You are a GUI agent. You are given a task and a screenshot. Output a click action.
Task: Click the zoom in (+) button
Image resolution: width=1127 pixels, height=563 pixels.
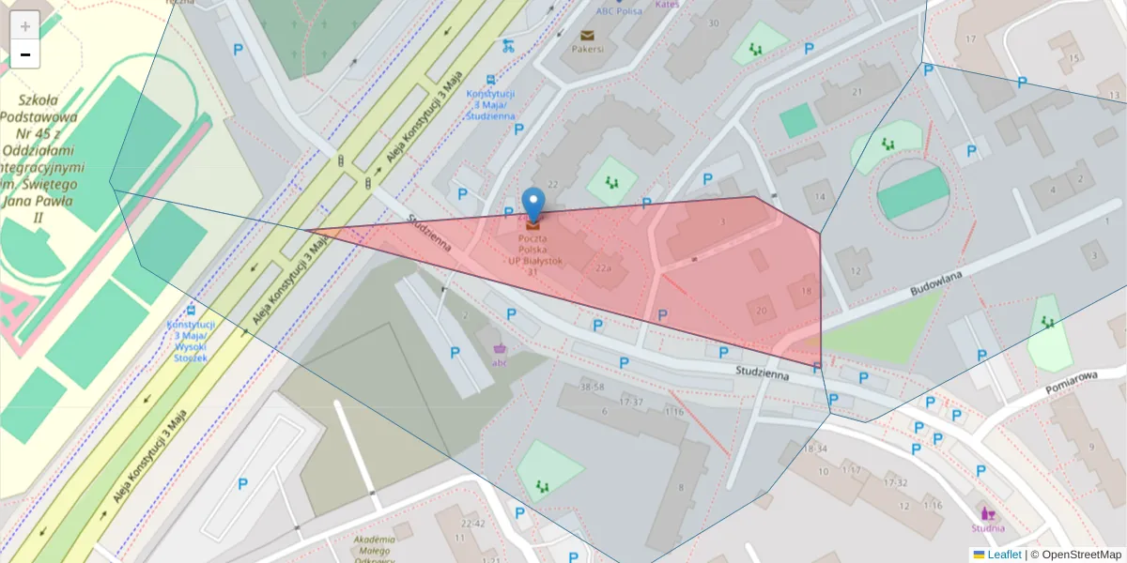[x=25, y=25]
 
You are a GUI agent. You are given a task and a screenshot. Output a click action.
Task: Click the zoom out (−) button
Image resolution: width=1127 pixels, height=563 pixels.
[x=25, y=54]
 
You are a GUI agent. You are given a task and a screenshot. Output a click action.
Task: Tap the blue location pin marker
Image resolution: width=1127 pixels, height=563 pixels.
[x=533, y=204]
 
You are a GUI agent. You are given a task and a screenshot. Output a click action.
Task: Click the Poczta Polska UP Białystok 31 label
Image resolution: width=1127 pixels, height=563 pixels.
[x=533, y=253]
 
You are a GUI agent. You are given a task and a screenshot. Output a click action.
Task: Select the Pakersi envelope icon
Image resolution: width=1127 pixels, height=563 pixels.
[x=587, y=35]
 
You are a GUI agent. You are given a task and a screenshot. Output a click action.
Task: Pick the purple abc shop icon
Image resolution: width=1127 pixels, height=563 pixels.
[x=500, y=349]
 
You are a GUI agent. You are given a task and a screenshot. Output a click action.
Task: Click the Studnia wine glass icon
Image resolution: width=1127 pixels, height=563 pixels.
[x=987, y=513]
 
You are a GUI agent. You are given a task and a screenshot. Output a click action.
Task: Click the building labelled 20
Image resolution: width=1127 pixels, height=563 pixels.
[x=762, y=311]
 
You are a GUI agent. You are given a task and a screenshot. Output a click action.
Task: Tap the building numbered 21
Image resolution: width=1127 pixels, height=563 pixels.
[x=857, y=91]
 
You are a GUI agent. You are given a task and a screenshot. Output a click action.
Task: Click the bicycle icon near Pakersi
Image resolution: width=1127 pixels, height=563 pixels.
[x=508, y=44]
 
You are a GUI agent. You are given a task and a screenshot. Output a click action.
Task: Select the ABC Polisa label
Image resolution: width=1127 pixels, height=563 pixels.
[x=618, y=11]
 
